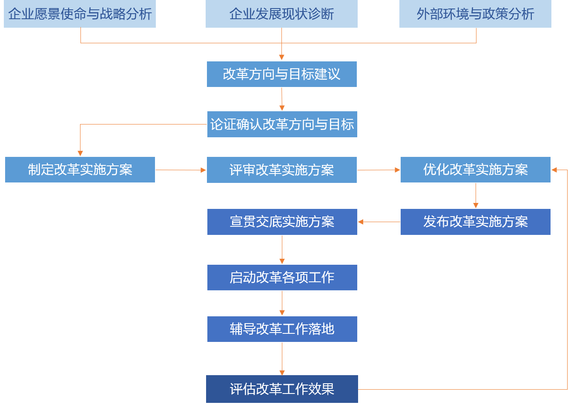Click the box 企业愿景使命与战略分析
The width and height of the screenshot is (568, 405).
(x=80, y=14)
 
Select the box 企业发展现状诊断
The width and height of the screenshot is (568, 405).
(x=281, y=14)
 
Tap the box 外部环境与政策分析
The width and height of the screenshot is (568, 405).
(x=475, y=14)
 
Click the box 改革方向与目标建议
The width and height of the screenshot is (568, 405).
(x=281, y=74)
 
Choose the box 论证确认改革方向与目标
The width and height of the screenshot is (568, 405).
(x=282, y=124)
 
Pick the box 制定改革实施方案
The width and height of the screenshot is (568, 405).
(x=80, y=170)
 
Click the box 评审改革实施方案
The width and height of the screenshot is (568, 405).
(x=281, y=170)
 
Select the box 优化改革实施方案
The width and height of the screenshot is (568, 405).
(x=475, y=170)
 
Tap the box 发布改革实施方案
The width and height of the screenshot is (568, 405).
(x=475, y=222)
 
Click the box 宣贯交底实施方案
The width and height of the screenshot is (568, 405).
(x=282, y=222)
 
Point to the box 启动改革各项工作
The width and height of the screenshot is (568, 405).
(x=282, y=278)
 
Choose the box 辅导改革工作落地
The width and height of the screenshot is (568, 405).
(x=282, y=329)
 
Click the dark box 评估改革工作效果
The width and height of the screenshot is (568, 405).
(x=282, y=389)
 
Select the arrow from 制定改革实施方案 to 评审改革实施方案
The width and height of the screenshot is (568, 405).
(x=181, y=170)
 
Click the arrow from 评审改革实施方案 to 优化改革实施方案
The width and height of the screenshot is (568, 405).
(x=379, y=170)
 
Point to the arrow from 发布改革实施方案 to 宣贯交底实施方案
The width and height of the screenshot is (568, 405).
(x=379, y=222)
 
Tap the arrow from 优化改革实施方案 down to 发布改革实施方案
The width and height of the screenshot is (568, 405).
(x=476, y=196)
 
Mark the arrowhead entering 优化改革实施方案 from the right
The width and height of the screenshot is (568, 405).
(x=554, y=170)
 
